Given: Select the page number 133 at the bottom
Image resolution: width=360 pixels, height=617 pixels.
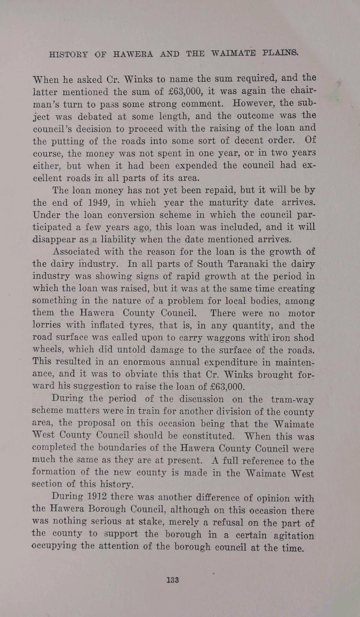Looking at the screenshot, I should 172,580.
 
